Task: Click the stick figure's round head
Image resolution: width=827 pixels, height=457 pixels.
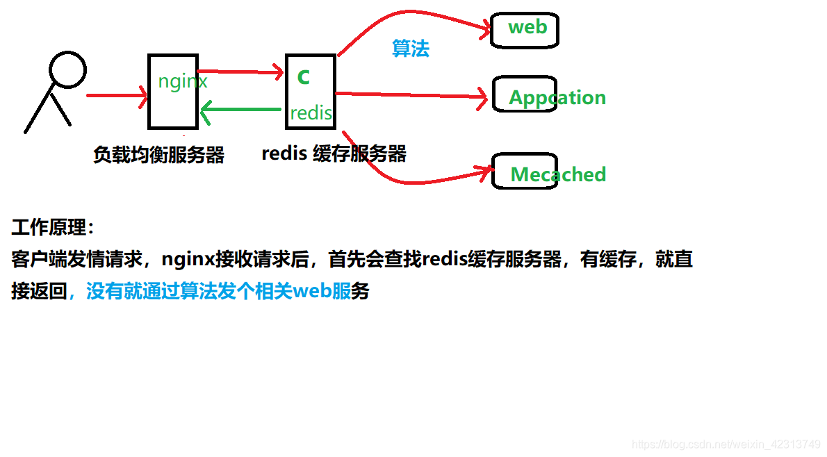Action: (68, 69)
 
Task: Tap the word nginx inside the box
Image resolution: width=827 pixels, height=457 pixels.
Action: (183, 82)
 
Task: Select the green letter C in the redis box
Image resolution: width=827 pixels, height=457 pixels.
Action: (303, 77)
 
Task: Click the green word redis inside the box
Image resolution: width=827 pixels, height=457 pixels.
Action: (311, 113)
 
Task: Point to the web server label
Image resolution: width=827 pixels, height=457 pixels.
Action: (527, 27)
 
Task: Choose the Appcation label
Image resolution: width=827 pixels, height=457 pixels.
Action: (557, 97)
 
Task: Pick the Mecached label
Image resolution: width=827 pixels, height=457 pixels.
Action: (558, 174)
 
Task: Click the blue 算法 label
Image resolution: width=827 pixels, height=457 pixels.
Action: (411, 49)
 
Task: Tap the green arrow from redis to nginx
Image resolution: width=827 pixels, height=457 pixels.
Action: (240, 110)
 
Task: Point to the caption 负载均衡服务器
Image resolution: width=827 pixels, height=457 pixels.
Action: (158, 155)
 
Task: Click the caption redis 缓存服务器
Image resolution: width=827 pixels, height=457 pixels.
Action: (334, 153)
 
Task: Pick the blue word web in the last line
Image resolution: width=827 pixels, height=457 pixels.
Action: (313, 291)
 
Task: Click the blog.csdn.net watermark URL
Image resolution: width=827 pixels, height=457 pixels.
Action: (727, 444)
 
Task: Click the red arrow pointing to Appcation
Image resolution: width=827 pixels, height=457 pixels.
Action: (410, 94)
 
